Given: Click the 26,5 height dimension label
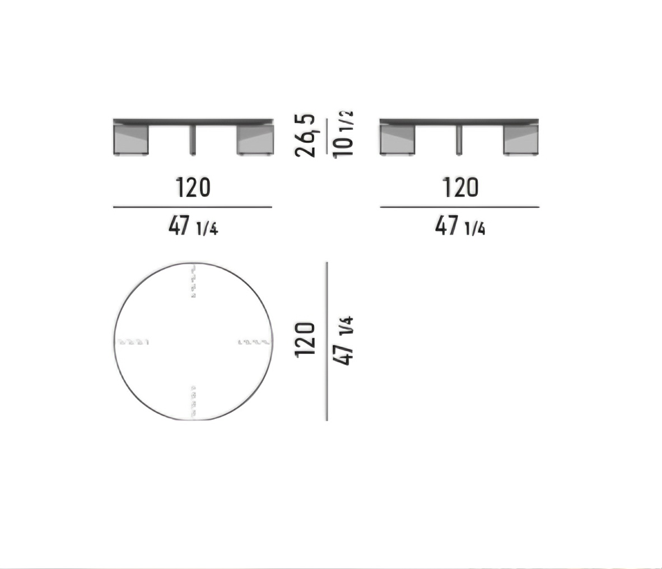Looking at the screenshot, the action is click(x=305, y=136).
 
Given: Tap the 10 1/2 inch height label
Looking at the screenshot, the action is click(x=343, y=135).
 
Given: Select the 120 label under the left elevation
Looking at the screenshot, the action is click(x=193, y=188).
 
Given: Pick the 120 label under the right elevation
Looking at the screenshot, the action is click(x=460, y=188).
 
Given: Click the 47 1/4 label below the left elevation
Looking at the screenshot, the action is click(x=193, y=225).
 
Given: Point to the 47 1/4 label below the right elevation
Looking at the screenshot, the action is click(x=460, y=225).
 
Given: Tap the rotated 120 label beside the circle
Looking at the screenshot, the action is click(x=305, y=340).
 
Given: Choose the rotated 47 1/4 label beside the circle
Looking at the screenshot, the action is click(x=343, y=341).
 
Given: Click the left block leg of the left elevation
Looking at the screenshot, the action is click(x=131, y=139).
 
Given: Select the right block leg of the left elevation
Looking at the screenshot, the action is click(x=255, y=139).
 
